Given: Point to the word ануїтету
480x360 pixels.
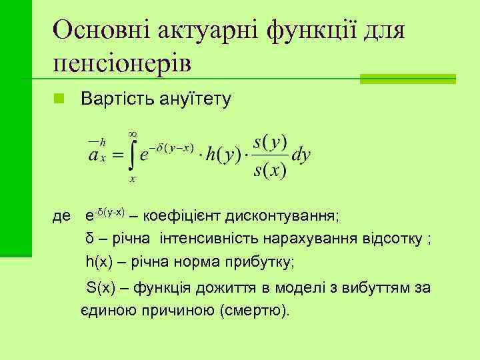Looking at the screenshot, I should coord(195,100).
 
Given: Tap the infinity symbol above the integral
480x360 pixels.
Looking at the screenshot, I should coord(132,133).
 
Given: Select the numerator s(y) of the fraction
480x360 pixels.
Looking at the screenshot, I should coord(271,143).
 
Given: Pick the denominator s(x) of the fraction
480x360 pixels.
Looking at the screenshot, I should coord(271,171).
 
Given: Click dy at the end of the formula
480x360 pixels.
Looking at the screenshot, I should coord(301,155).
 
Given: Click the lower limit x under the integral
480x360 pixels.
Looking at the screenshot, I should coord(133,179).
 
